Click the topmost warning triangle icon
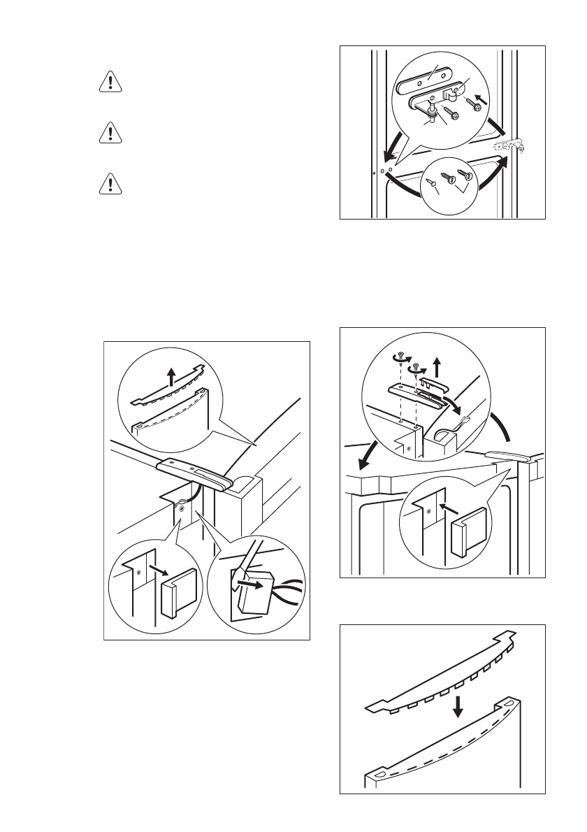(x=108, y=83)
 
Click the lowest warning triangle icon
(x=108, y=183)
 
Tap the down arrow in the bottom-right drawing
(x=458, y=708)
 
